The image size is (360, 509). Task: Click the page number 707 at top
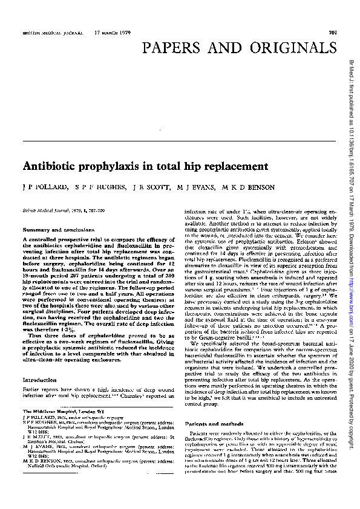coord(332,32)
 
